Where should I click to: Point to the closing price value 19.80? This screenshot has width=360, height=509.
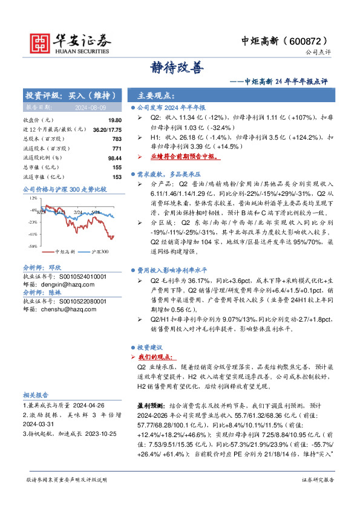pyautogui.click(x=116, y=120)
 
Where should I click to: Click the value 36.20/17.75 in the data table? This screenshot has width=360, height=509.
pyautogui.click(x=108, y=130)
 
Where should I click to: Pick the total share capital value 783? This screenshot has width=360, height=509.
pyautogui.click(x=117, y=139)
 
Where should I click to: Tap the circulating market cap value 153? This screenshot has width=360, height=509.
pyautogui.click(x=117, y=176)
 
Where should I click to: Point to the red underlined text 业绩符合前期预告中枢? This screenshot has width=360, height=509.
pyautogui.click(x=185, y=155)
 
